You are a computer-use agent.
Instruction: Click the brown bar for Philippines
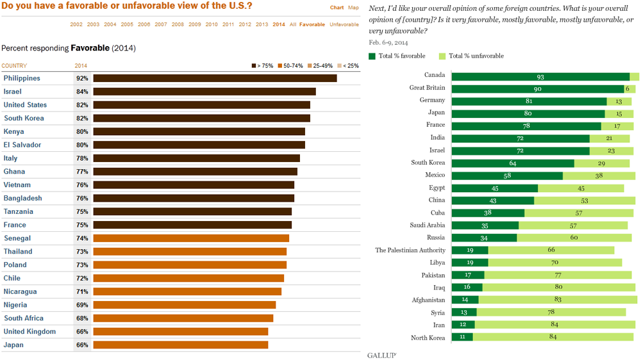pyautogui.click(x=215, y=78)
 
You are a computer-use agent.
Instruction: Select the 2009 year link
pyautogui.click(x=195, y=24)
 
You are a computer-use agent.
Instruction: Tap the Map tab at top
pyautogui.click(x=354, y=8)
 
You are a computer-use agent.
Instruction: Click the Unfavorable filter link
pyautogui.click(x=344, y=24)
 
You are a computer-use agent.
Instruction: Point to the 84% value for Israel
pyautogui.click(x=82, y=92)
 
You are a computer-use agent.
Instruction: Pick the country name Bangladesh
pyautogui.click(x=22, y=199)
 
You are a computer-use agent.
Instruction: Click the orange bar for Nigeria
pyautogui.click(x=185, y=305)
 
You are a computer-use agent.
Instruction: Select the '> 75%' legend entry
pyautogui.click(x=263, y=65)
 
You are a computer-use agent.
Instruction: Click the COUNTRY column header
pyautogui.click(x=14, y=65)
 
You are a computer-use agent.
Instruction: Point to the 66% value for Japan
pyautogui.click(x=82, y=345)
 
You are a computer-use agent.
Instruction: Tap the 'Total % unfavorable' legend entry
pyautogui.click(x=472, y=56)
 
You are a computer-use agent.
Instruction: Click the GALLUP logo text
pyautogui.click(x=381, y=354)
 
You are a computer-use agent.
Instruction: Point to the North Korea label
pyautogui.click(x=428, y=337)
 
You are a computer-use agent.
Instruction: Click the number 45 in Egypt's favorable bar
pyautogui.click(x=495, y=188)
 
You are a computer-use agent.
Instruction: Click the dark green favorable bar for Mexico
pyautogui.click(x=507, y=176)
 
